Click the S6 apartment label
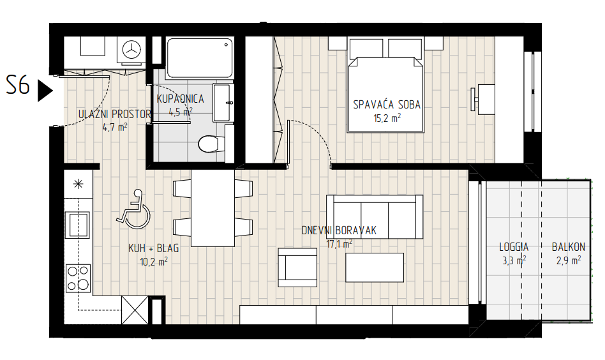[18, 85]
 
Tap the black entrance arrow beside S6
[45, 90]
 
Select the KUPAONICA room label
[180, 99]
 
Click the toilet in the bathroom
[211, 144]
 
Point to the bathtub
[200, 57]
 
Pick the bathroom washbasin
[223, 103]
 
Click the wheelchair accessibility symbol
[133, 208]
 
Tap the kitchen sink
[78, 225]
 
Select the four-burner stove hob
[78, 278]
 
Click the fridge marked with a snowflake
[78, 184]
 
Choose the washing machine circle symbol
[131, 49]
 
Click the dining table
[213, 208]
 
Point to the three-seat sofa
[375, 217]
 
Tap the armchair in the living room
[297, 267]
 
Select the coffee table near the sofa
[375, 267]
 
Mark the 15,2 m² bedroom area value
[387, 117]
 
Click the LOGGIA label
[514, 246]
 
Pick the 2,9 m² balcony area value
[569, 260]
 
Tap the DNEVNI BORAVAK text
[339, 230]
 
